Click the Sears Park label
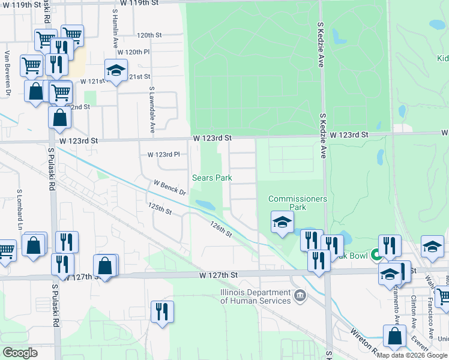point(211,178)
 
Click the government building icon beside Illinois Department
point(300,295)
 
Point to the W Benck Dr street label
point(170,187)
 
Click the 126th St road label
point(221,229)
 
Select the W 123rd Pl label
point(164,155)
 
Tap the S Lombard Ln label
point(20,210)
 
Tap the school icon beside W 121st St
point(116,70)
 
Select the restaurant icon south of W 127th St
point(162,311)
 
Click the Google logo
point(20,353)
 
